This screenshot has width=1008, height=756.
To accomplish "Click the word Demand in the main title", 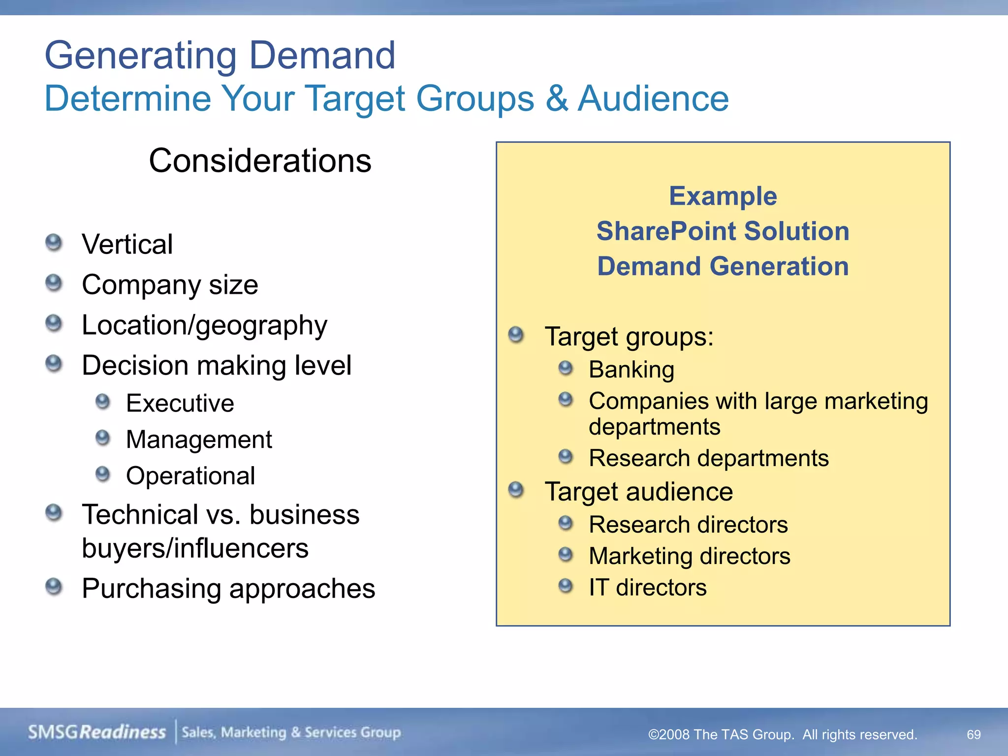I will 322,55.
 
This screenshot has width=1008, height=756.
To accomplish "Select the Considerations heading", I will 260,161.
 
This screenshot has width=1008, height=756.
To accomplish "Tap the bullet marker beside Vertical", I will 54,243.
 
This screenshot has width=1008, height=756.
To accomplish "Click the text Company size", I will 170,284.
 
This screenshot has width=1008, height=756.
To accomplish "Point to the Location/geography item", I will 204,325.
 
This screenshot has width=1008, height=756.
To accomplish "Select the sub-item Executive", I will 180,403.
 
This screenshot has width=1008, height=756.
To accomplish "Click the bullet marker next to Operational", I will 102,474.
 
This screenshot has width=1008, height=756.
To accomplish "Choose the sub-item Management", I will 199,439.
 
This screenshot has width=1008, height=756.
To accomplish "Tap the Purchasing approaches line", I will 228,588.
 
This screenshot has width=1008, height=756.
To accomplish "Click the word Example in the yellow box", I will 723,196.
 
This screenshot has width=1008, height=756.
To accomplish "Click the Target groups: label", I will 629,337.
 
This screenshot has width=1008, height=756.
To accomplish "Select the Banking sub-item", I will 631,369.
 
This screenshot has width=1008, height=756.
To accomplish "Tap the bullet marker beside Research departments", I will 566,457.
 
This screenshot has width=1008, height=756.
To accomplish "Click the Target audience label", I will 638,492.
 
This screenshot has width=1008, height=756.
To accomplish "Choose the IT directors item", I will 647,587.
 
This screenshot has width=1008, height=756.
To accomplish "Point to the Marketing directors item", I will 689,556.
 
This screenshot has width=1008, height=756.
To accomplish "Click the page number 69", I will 973,734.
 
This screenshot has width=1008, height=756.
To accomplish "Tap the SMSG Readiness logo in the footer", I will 97,732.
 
